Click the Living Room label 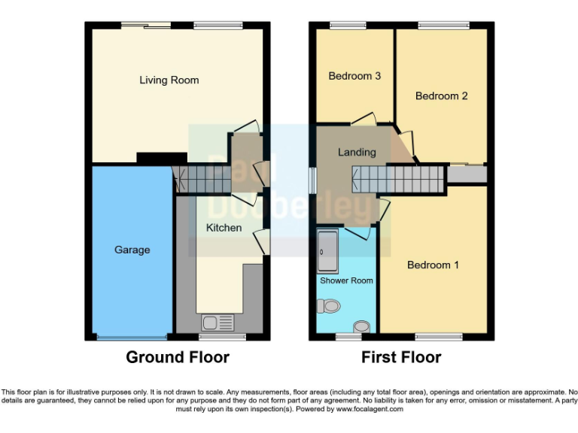pyautogui.click(x=169, y=80)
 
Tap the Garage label pyautogui.click(x=132, y=250)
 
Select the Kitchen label pyautogui.click(x=224, y=227)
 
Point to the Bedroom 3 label pyautogui.click(x=354, y=76)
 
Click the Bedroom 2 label pyautogui.click(x=442, y=96)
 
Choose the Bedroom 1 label pyautogui.click(x=433, y=265)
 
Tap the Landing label pyautogui.click(x=357, y=152)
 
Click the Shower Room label pyautogui.click(x=346, y=280)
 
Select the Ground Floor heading pyautogui.click(x=177, y=357)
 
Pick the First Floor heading pyautogui.click(x=401, y=357)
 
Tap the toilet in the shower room pyautogui.click(x=329, y=305)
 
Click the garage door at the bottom pyautogui.click(x=132, y=338)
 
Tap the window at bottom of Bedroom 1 pyautogui.click(x=438, y=337)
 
